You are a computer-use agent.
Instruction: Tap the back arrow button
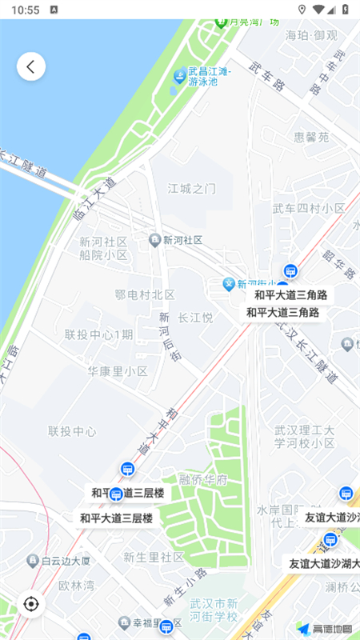31,66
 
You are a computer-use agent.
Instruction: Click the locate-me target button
31,603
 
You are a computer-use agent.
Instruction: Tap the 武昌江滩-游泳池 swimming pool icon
179,76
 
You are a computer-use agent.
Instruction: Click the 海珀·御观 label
311,35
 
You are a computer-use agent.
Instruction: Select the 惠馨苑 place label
312,137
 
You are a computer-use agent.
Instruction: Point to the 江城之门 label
192,189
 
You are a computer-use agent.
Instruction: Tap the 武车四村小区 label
310,209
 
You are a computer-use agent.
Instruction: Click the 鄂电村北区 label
145,294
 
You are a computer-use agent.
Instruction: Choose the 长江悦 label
195,318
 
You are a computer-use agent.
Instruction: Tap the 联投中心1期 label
99,334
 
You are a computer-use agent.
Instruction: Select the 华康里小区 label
118,371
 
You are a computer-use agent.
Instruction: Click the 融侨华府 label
203,481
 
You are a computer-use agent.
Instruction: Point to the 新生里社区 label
154,557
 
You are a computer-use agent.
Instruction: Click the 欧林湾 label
77,585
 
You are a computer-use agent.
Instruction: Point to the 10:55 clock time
26,10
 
